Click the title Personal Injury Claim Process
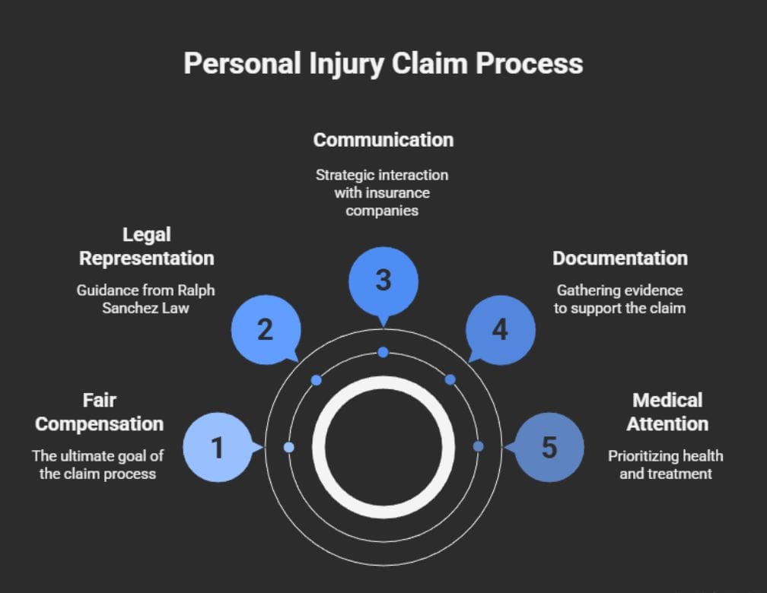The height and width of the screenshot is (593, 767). [x=383, y=64]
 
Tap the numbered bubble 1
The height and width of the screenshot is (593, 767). [x=218, y=447]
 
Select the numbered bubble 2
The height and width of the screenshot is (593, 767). [x=265, y=329]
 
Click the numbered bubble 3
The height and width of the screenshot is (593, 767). [x=383, y=280]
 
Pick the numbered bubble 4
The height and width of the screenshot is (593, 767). [x=500, y=329]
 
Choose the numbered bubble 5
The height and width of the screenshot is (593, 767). [x=549, y=447]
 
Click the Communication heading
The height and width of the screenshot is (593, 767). [x=383, y=140]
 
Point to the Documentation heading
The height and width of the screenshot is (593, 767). [x=619, y=258]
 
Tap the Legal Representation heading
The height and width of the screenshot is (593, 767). [x=147, y=246]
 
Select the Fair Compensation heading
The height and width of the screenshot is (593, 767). [x=99, y=412]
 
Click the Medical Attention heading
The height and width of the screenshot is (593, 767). [x=667, y=412]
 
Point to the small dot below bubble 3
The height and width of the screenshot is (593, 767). [x=383, y=352]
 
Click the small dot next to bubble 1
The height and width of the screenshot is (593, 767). [x=288, y=447]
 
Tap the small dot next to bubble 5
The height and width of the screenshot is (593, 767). [x=478, y=446]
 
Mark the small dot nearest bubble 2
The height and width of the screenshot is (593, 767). [x=317, y=380]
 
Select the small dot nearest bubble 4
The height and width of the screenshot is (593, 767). [x=450, y=379]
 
